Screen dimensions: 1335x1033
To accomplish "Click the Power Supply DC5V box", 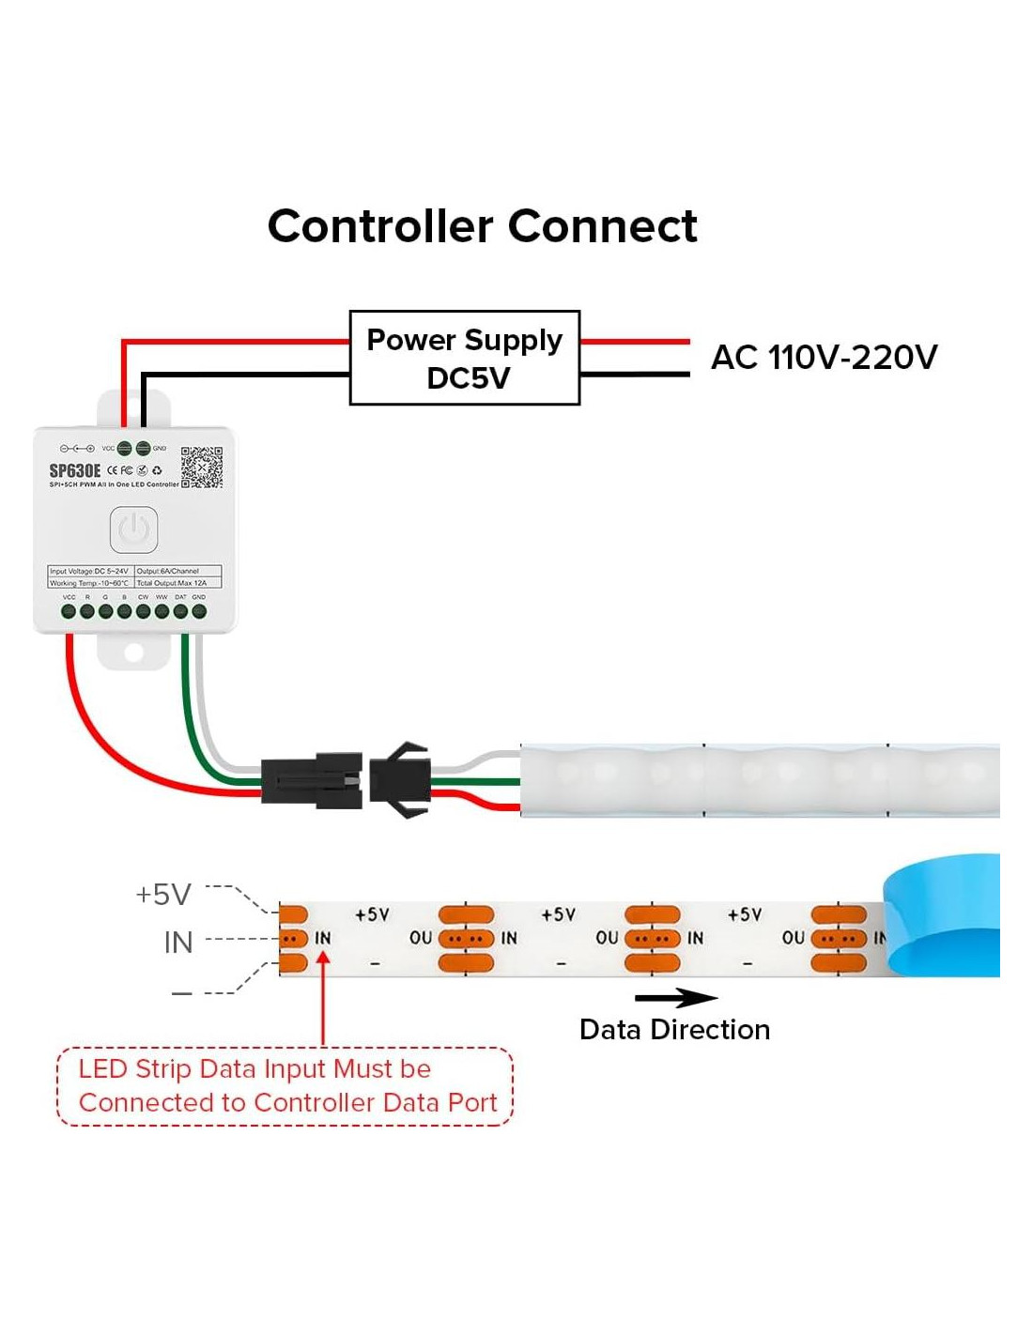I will point(465,358).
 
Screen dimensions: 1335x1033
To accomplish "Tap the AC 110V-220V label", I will point(824,357).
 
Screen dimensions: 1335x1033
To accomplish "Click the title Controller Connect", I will point(483,226).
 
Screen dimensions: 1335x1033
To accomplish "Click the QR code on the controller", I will point(202,467).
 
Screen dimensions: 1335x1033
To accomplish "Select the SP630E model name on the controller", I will point(75,470).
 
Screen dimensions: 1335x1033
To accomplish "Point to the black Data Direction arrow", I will point(675,997).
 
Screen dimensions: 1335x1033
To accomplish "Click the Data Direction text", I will point(674,1030).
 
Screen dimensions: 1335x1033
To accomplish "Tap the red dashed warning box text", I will point(285,1085).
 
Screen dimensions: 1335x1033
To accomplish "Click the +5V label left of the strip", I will point(163,895).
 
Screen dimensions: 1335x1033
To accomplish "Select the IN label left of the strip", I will point(177,943).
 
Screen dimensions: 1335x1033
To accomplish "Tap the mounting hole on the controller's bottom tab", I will point(134,652).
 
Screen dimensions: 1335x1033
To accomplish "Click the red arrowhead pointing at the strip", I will point(323,959).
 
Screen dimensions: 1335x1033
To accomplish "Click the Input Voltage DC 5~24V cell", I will point(90,571).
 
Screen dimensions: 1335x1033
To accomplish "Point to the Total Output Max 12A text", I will point(173,583).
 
